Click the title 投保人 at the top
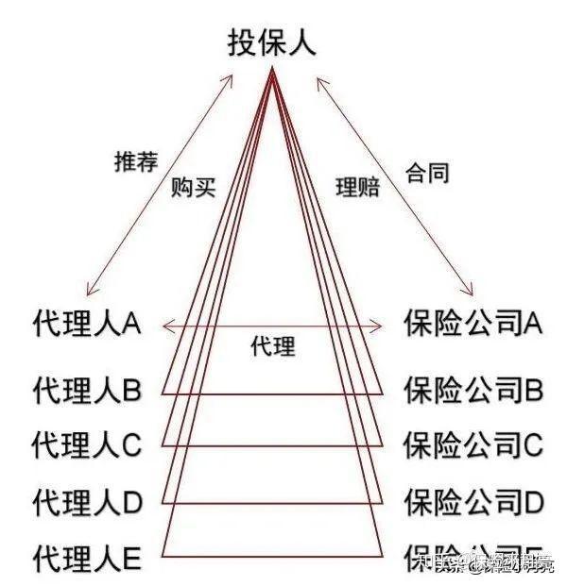[271, 43]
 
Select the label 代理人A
[86, 326]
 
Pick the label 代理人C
[86, 444]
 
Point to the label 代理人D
[86, 500]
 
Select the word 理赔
[357, 187]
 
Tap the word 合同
[426, 174]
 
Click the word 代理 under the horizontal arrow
[272, 347]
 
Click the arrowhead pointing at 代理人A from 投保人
[88, 293]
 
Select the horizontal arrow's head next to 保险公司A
[381, 326]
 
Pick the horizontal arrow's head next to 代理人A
[166, 326]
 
